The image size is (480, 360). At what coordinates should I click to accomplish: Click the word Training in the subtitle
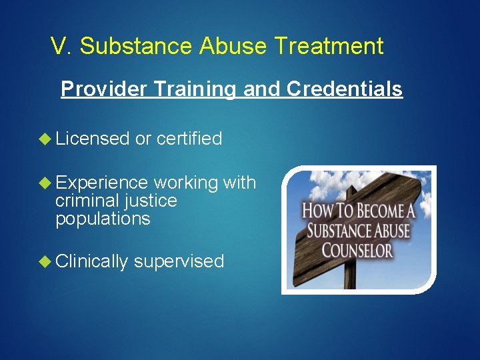pyautogui.click(x=195, y=89)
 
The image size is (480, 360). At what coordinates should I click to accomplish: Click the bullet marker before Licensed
pyautogui.click(x=45, y=139)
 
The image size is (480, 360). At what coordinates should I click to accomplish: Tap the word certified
pyautogui.click(x=189, y=139)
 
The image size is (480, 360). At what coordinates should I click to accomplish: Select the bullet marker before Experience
pyautogui.click(x=45, y=183)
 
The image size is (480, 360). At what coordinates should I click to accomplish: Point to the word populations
pyautogui.click(x=103, y=219)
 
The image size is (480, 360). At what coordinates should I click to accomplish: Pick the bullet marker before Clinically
pyautogui.click(x=45, y=261)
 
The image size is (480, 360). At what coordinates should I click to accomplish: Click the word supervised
pyautogui.click(x=179, y=261)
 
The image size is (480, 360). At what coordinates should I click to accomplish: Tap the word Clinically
pyautogui.click(x=91, y=261)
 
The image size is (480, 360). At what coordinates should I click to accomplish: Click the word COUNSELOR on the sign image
pyautogui.click(x=357, y=251)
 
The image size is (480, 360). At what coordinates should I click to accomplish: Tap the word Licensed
pyautogui.click(x=92, y=139)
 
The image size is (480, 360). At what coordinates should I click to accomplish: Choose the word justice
pyautogui.click(x=154, y=201)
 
